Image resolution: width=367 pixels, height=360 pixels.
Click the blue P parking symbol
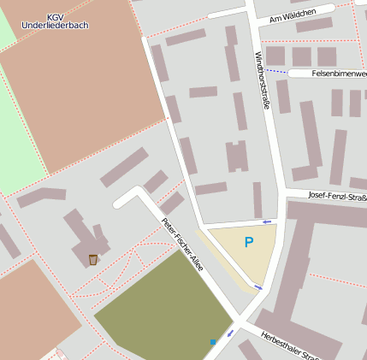tap(249, 243)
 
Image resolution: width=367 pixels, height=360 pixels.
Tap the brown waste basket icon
tap(92, 259)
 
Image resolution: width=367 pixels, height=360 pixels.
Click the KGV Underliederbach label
tap(68, 21)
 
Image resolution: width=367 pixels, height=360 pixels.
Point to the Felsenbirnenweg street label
tap(339, 74)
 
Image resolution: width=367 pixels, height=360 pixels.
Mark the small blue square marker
tap(212, 342)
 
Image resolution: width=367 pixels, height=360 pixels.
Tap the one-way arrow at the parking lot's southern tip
tap(258, 286)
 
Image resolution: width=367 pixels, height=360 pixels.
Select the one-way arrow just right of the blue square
tap(229, 332)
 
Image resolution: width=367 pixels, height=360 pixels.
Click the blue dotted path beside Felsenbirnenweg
tap(274, 71)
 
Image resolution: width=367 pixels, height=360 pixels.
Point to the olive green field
tap(163, 308)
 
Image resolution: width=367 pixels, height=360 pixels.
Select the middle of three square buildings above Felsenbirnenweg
tap(301, 56)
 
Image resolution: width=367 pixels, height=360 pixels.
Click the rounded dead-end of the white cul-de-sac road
tap(119, 202)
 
